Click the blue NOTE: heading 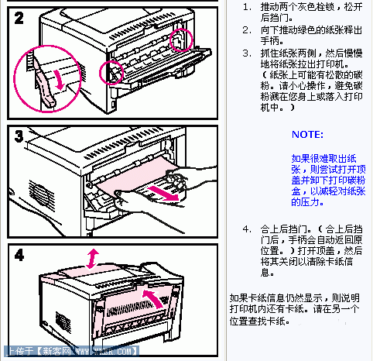pyautogui.click(x=307, y=134)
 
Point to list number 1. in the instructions pyautogui.click(x=246, y=7)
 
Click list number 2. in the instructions pyautogui.click(x=246, y=30)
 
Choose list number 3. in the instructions pyautogui.click(x=246, y=53)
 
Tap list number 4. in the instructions pyautogui.click(x=246, y=230)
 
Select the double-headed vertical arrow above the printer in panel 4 pyautogui.click(x=93, y=258)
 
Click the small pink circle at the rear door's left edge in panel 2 pyautogui.click(x=113, y=72)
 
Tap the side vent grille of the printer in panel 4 pyautogui.click(x=53, y=317)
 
